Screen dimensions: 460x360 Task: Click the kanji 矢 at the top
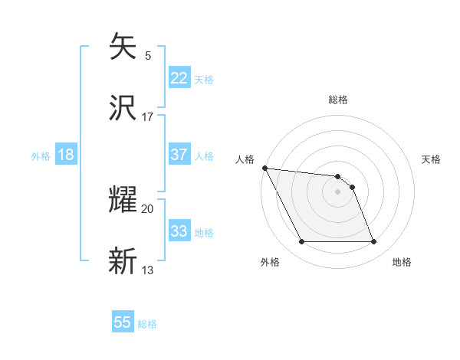pyautogui.click(x=123, y=47)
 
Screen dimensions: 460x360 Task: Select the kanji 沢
pyautogui.click(x=123, y=108)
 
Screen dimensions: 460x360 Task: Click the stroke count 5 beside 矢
pyautogui.click(x=148, y=55)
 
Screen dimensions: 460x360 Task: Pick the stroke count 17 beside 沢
pyautogui.click(x=148, y=117)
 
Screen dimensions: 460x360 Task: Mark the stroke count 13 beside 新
pyautogui.click(x=148, y=270)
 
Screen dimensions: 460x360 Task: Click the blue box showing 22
pyautogui.click(x=179, y=78)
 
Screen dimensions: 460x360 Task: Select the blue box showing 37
pyautogui.click(x=179, y=155)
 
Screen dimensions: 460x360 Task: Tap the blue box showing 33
pyautogui.click(x=179, y=231)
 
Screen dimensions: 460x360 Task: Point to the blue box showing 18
pyautogui.click(x=66, y=155)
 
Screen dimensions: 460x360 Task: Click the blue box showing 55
pyautogui.click(x=123, y=322)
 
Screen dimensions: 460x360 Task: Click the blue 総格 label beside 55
pyautogui.click(x=147, y=324)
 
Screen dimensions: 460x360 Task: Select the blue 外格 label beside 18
pyautogui.click(x=41, y=156)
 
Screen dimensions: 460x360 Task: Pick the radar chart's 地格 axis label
pyautogui.click(x=402, y=262)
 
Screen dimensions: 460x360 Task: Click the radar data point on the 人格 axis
pyautogui.click(x=264, y=168)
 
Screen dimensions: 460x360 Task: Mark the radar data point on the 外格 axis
pyautogui.click(x=301, y=242)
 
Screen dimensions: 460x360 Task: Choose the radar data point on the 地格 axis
pyautogui.click(x=373, y=242)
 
